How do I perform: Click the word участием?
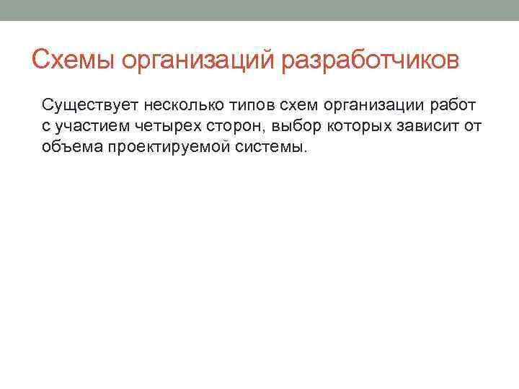[89, 127]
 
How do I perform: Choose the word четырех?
[159, 127]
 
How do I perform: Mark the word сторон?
[228, 127]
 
